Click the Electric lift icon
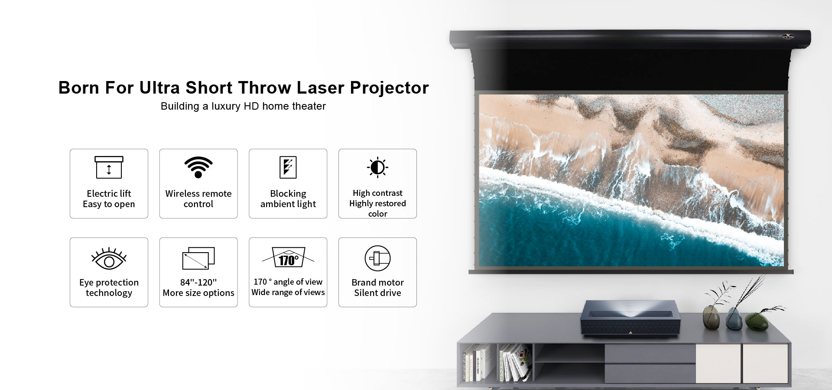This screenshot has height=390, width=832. [109, 167]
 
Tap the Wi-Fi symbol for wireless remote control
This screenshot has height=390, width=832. [198, 167]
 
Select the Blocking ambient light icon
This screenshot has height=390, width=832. [288, 167]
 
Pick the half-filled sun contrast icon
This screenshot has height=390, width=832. [377, 167]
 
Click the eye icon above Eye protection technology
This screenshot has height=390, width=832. [109, 259]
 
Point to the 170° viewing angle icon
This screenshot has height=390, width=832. [288, 257]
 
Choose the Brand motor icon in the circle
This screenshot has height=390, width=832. [377, 258]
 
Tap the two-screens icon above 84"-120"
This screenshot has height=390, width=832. [198, 258]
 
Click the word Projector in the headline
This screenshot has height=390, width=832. [389, 88]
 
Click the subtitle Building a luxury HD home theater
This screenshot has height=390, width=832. [243, 106]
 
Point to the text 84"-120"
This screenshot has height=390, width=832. [198, 282]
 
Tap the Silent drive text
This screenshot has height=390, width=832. [377, 293]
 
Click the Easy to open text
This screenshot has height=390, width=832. [109, 204]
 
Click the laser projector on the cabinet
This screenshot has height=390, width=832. [630, 318]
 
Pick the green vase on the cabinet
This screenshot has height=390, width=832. [757, 322]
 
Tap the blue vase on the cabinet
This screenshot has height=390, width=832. [734, 319]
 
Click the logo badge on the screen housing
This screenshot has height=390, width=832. [788, 37]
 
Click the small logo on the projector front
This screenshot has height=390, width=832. [630, 333]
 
